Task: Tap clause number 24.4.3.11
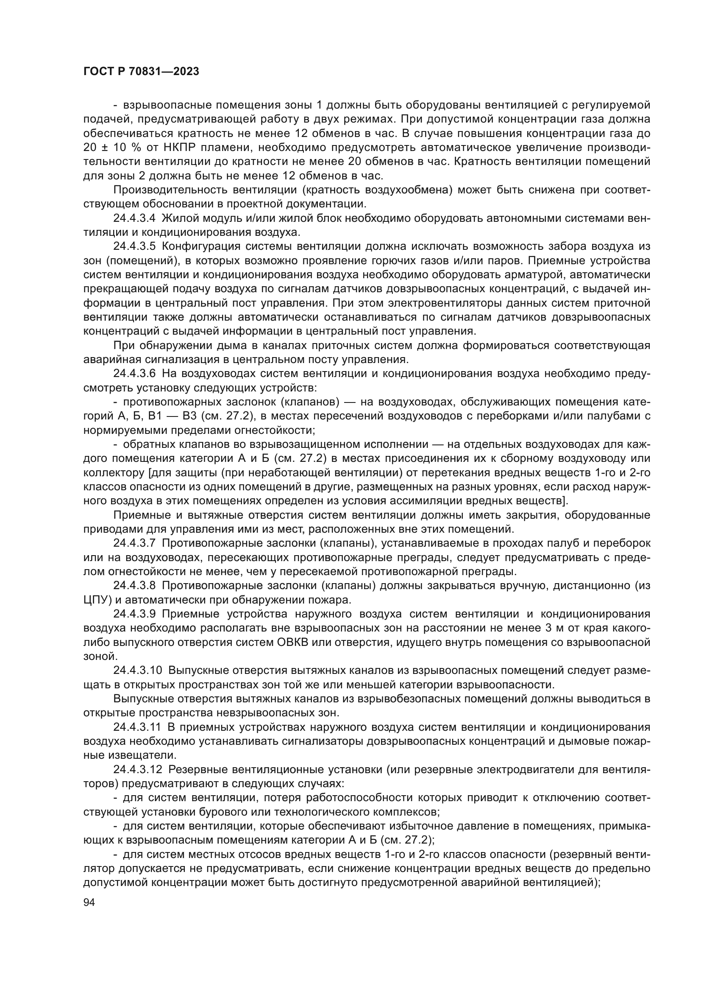coord(136,727)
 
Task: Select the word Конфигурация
coord(201,247)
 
